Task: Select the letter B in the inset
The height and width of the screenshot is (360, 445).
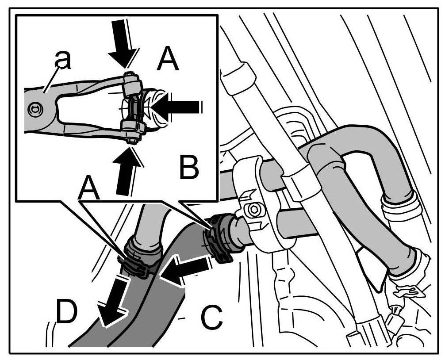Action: [189, 166]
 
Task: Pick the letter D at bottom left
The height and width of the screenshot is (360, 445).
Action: [65, 313]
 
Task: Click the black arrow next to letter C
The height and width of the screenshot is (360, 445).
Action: [184, 271]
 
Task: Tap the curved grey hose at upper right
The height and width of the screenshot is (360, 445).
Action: [354, 146]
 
